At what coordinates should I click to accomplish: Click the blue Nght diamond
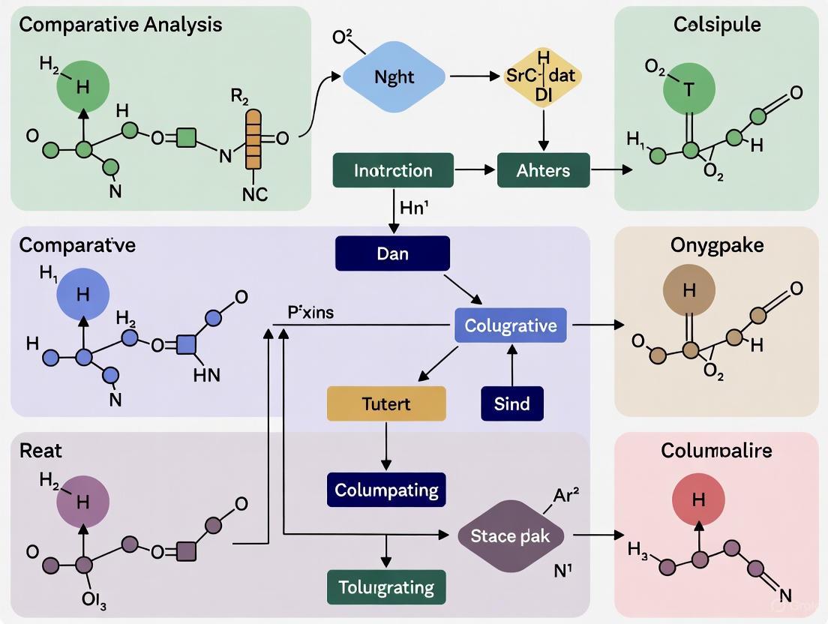(394, 77)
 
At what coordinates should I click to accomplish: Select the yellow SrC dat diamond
(544, 77)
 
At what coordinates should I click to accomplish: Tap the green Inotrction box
(393, 170)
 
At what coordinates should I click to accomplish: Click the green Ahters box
(543, 170)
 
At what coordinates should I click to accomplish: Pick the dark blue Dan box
(393, 253)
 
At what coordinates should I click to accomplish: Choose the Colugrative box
(511, 325)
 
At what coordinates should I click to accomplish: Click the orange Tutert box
(386, 403)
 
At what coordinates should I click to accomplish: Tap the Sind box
(511, 403)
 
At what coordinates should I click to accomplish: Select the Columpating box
(386, 490)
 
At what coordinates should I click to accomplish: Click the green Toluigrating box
(386, 586)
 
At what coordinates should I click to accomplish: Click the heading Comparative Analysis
(120, 24)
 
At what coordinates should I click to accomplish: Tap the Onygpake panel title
(716, 245)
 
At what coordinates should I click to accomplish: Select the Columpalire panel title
(716, 450)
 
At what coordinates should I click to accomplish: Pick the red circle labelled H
(698, 499)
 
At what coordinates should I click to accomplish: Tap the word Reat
(40, 450)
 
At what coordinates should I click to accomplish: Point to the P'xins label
(310, 313)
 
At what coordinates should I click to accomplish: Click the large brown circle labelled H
(689, 291)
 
